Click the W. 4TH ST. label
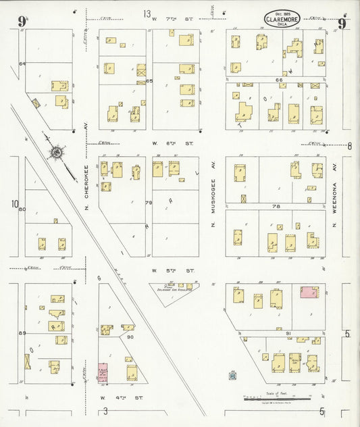coord(115,398)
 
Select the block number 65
coord(149,81)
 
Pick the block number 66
coord(279,80)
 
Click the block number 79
coord(149,202)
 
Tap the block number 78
coord(275,206)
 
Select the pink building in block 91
coord(309,293)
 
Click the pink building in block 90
coord(103,373)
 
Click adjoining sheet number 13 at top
coord(147,14)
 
